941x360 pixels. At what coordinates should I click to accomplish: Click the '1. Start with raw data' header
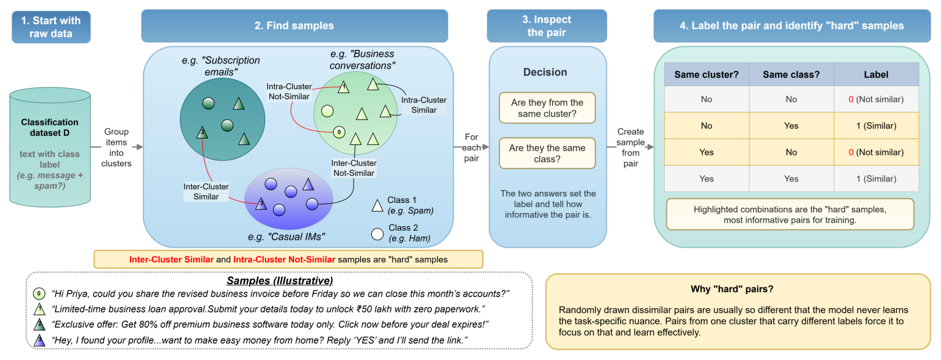click(51, 27)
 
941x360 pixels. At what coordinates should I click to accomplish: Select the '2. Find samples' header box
click(295, 26)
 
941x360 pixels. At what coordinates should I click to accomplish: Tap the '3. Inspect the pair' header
click(547, 26)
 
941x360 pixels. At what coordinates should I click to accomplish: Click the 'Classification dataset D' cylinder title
click(50, 127)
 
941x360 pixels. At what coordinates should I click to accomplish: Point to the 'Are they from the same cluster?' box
click(547, 108)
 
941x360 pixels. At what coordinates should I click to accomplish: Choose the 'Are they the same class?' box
click(547, 154)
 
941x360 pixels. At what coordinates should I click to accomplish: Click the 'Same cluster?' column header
click(706, 74)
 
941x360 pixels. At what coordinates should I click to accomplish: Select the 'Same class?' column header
click(791, 74)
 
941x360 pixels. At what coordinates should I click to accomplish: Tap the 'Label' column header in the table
click(876, 74)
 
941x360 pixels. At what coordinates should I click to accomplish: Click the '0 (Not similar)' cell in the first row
click(876, 99)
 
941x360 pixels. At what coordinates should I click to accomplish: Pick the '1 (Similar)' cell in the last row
click(876, 179)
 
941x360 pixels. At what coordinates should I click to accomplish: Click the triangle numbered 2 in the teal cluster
click(202, 132)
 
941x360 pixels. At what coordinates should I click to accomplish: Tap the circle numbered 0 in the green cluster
click(339, 132)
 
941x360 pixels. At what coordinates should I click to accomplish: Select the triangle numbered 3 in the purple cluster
click(261, 204)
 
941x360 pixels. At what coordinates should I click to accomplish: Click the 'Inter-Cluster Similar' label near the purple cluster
click(206, 192)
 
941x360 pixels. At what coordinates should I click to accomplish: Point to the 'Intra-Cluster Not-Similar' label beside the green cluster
click(289, 92)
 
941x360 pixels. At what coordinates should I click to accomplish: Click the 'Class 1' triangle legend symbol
click(377, 206)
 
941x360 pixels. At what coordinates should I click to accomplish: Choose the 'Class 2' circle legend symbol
click(377, 234)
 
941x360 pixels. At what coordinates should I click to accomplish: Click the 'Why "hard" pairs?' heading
click(732, 289)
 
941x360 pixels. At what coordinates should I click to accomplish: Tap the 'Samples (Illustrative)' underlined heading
click(280, 281)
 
